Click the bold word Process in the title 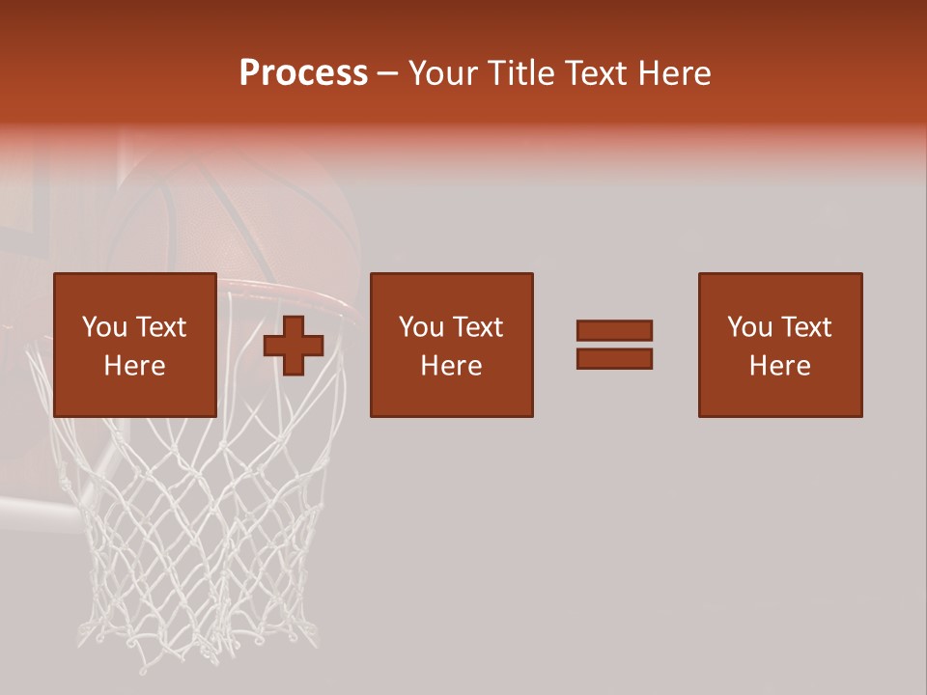click(303, 73)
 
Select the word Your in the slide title click(444, 73)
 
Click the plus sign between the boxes click(294, 346)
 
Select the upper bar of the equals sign click(614, 330)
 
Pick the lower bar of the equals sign click(614, 359)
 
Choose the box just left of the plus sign click(135, 345)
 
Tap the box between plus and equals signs click(452, 345)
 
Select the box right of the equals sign click(780, 345)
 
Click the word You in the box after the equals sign click(749, 327)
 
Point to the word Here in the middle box click(452, 366)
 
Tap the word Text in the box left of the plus click(161, 327)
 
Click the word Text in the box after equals click(806, 327)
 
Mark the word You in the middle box click(421, 327)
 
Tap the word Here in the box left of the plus click(135, 366)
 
